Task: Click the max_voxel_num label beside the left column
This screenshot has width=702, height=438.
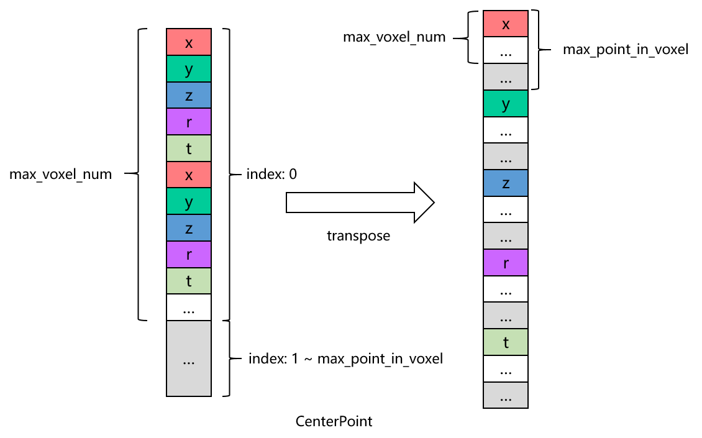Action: coord(60,175)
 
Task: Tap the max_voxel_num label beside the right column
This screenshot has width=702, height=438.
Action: coord(394,37)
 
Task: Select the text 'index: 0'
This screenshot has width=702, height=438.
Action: coord(271,175)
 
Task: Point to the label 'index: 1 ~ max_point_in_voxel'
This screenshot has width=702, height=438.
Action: coord(345,359)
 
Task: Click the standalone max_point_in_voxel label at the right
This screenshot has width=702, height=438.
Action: coord(625,50)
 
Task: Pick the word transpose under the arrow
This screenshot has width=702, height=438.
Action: coord(358,236)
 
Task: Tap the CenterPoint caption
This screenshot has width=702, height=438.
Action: coord(334,421)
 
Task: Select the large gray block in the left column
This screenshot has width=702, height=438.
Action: coord(189,358)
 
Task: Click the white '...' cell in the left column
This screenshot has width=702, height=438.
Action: coord(189,308)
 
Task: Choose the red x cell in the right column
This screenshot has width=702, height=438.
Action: coord(506,24)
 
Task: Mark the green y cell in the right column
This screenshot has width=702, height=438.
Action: coord(506,104)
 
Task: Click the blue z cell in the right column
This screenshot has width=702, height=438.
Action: coord(506,183)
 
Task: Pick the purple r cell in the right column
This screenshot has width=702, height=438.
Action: coord(506,263)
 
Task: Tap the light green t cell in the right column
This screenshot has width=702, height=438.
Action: coord(506,342)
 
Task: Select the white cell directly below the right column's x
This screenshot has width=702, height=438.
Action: coord(506,51)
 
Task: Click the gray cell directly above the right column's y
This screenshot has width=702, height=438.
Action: coord(506,77)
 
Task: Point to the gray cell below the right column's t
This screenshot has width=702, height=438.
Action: coord(506,395)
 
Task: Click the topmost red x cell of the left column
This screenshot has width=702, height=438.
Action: coord(189,42)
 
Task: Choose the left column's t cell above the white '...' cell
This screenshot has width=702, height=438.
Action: coord(189,281)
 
